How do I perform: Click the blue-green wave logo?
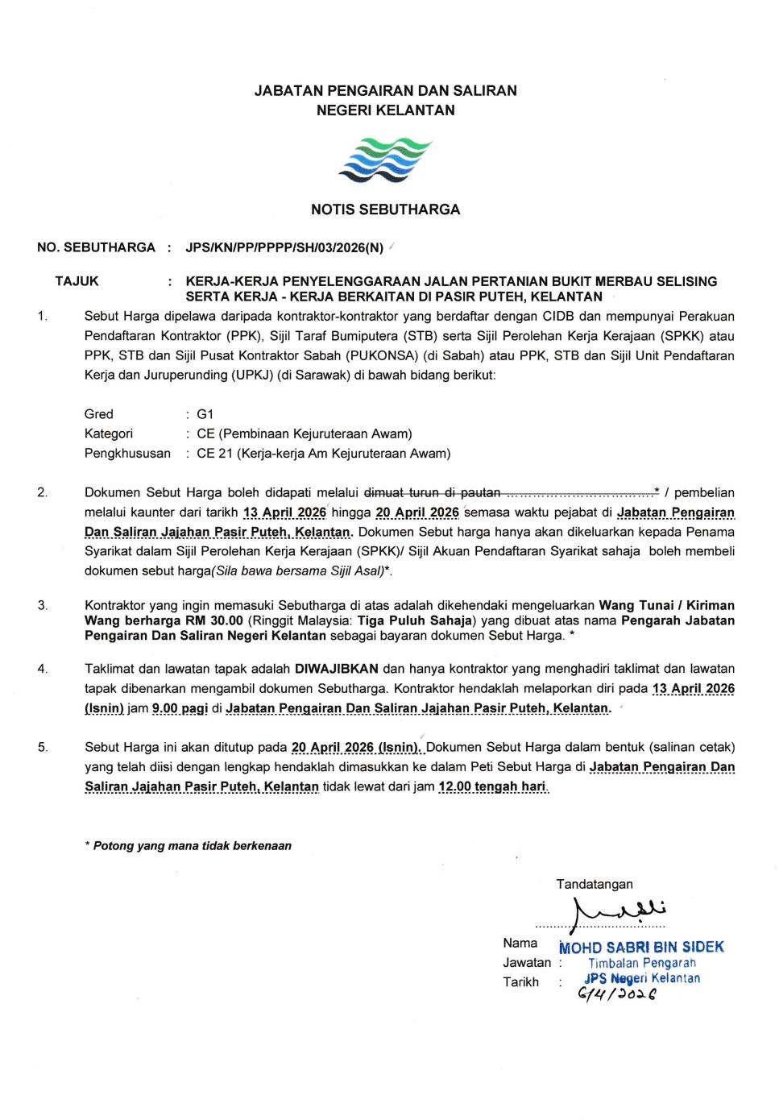[x=385, y=160]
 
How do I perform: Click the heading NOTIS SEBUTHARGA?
[x=385, y=209]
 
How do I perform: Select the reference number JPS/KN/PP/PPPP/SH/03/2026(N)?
[x=284, y=247]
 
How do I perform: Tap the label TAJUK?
[x=77, y=281]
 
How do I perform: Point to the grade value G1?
[x=205, y=414]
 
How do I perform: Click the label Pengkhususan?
[x=127, y=454]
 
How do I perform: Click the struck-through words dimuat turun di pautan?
[x=432, y=492]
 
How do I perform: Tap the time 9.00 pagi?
[x=180, y=708]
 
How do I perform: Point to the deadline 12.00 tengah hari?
[x=492, y=786]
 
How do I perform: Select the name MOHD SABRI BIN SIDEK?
[x=642, y=948]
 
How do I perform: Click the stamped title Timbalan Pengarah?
[x=641, y=963]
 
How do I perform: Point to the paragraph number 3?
[x=43, y=605]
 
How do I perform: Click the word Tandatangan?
[x=594, y=884]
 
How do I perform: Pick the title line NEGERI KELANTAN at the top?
[x=385, y=110]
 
